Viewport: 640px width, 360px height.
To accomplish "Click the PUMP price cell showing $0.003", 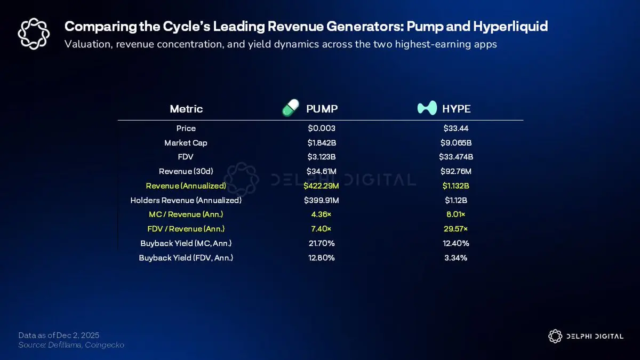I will (x=321, y=129).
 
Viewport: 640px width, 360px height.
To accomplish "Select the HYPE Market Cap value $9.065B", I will (x=457, y=143).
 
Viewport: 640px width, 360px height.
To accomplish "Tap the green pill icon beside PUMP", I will (x=291, y=108).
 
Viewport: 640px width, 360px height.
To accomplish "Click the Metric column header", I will (x=186, y=109).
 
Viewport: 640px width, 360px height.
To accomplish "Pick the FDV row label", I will (x=186, y=157).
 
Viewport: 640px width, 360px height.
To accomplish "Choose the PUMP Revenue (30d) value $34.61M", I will (x=321, y=172).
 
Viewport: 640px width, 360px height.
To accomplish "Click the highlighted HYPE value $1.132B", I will (x=457, y=186).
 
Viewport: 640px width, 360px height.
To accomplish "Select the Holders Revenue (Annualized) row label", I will (x=186, y=201).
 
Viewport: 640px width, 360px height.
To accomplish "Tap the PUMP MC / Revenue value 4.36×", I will (x=321, y=215).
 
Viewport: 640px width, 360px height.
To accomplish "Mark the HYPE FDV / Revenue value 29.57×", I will (x=457, y=229).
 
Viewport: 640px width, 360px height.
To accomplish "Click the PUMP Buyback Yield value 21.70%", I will (x=321, y=244).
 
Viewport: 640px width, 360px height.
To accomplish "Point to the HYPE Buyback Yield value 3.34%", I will (x=457, y=258).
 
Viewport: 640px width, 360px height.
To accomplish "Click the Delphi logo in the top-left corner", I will (x=34, y=34).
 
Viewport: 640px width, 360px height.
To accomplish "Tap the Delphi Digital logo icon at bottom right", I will (x=555, y=336).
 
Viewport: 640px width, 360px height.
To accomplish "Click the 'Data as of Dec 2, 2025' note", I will (x=59, y=335).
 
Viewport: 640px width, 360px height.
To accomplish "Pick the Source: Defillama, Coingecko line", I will (x=71, y=345).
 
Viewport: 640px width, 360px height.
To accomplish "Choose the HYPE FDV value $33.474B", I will (x=457, y=157).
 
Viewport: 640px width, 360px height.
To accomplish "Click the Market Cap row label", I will (x=186, y=143).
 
